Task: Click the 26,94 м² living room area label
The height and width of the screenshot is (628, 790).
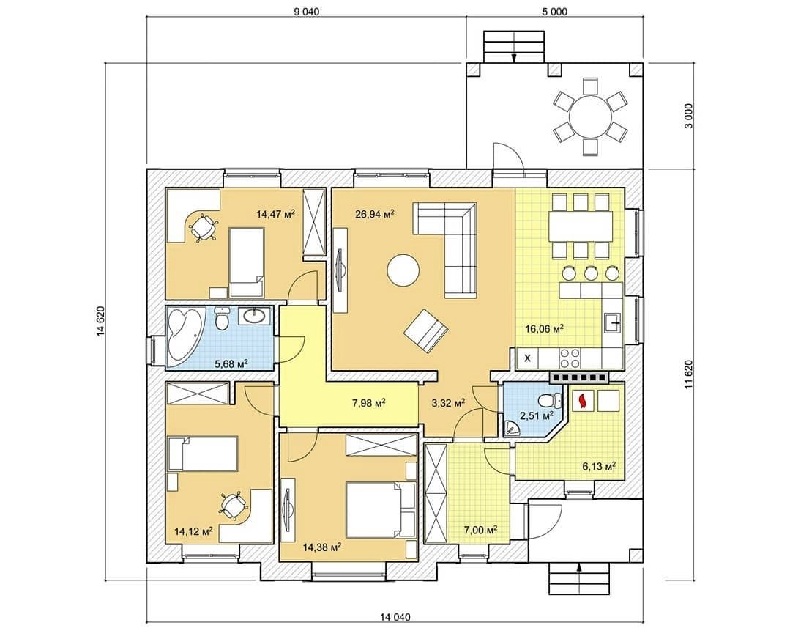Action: pos(374,215)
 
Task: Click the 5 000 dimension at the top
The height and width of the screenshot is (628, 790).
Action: pos(554,11)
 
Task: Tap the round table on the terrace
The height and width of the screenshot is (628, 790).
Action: pos(590,116)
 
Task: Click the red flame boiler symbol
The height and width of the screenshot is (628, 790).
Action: pos(583,400)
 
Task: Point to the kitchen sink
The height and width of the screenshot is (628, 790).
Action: pos(612,322)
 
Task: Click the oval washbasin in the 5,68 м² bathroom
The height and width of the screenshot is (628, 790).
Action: pos(256,317)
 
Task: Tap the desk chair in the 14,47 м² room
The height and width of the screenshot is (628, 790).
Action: pos(202,228)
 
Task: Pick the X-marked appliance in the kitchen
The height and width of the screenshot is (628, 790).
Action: pos(527,358)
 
